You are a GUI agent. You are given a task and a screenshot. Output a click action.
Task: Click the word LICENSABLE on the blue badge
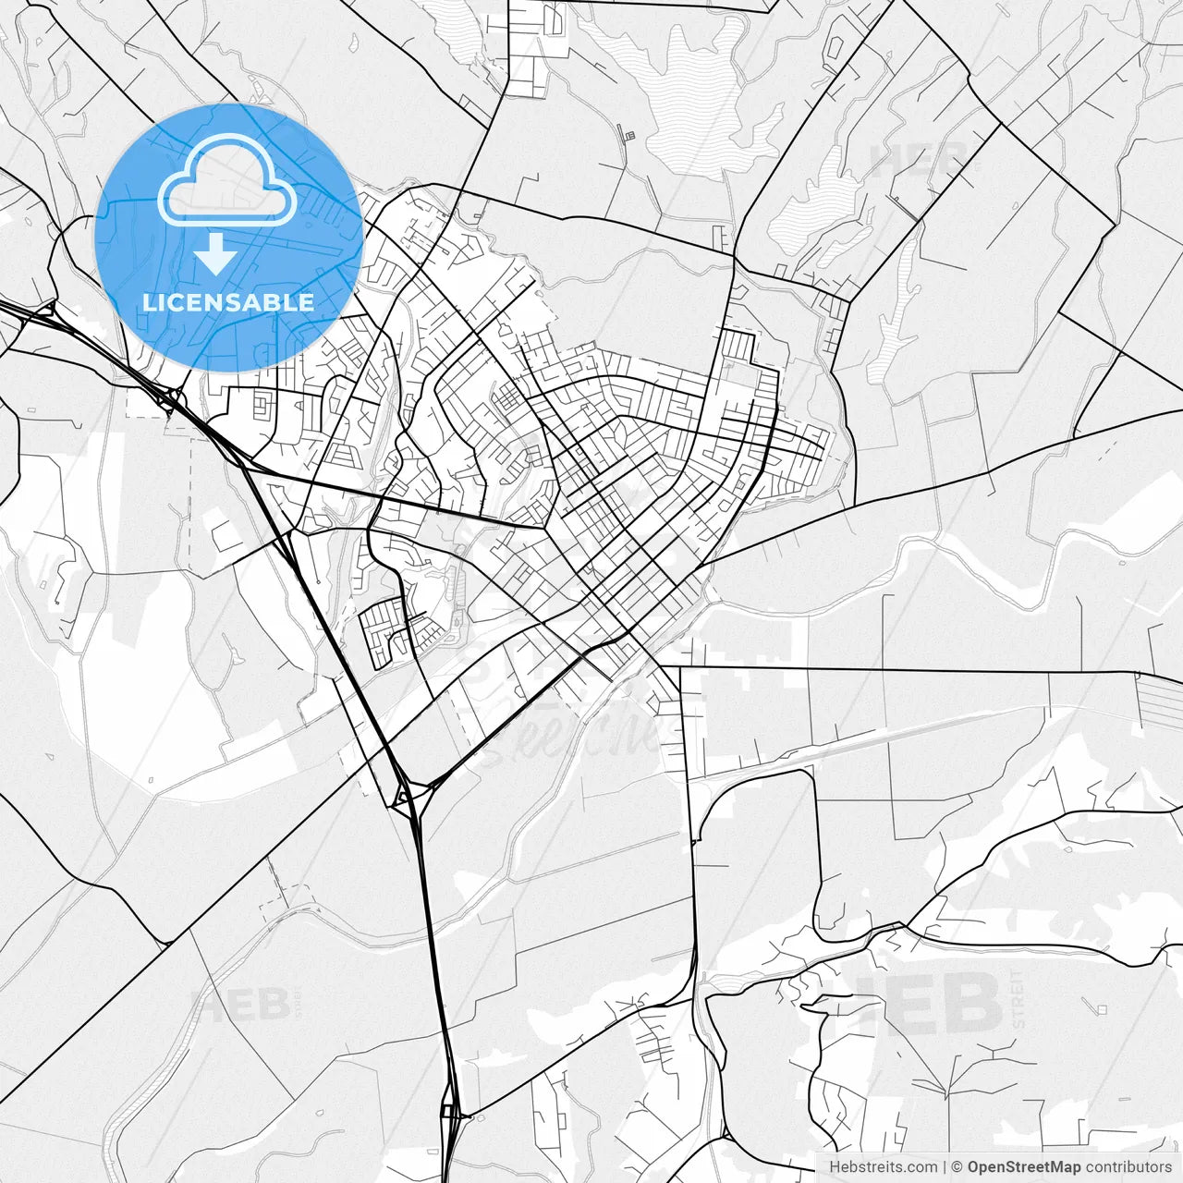[x=228, y=302]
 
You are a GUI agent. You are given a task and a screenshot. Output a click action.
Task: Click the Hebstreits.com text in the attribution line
[x=883, y=1167]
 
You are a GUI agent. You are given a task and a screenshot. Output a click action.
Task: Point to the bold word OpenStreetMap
[x=1024, y=1167]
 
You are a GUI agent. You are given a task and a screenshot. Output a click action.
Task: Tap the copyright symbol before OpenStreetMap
[x=957, y=1167]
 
